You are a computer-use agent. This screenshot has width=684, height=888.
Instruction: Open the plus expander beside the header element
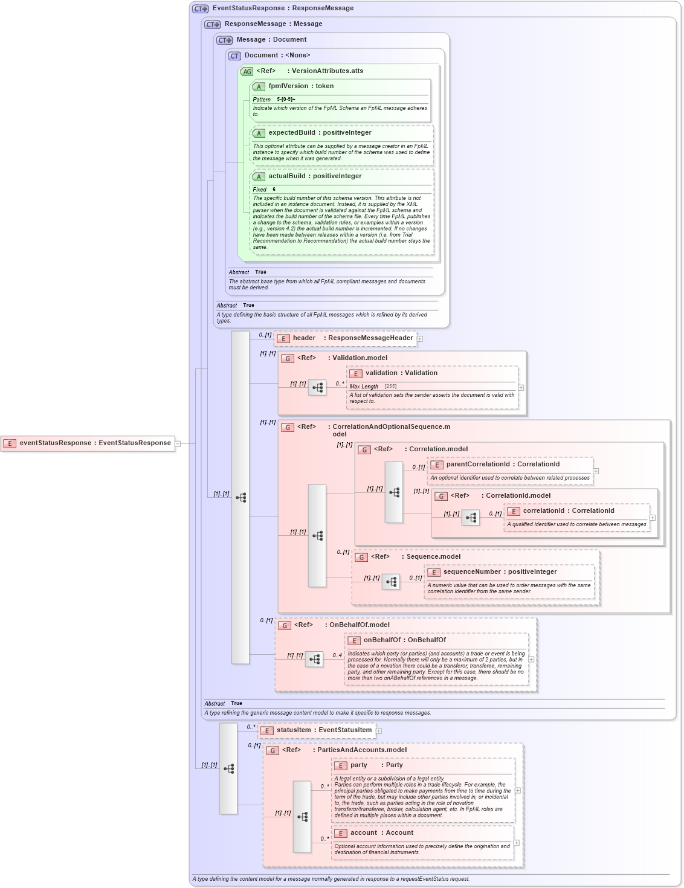[x=420, y=339]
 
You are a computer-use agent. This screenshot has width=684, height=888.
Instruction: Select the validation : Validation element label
[x=401, y=373]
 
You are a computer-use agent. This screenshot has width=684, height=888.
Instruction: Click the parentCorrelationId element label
[x=502, y=465]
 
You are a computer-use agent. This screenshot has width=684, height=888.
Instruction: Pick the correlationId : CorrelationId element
[x=568, y=511]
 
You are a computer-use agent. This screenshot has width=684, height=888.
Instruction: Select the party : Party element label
[x=376, y=765]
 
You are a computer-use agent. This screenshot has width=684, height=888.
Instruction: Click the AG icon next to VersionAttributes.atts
[x=247, y=71]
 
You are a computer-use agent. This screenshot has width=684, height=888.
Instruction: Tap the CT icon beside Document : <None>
[x=234, y=56]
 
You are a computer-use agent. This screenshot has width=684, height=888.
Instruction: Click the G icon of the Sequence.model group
[x=361, y=557]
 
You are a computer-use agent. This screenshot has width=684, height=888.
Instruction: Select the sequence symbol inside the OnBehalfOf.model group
[x=314, y=660]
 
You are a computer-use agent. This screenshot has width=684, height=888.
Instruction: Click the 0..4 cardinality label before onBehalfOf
[x=337, y=655]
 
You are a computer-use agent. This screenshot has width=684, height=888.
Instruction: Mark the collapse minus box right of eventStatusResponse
[x=178, y=443]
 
